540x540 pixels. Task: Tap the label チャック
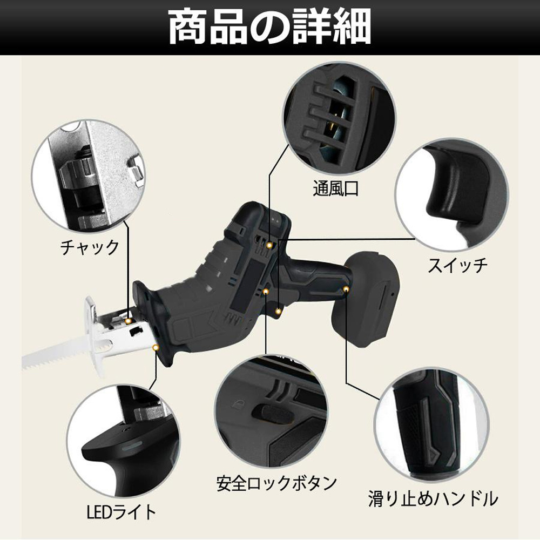pos(89,247)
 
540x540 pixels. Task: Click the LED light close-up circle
pos(122,440)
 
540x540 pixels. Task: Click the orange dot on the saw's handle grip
pos(346,289)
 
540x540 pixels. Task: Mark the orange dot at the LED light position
pos(156,348)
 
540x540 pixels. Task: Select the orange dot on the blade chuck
pos(128,321)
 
